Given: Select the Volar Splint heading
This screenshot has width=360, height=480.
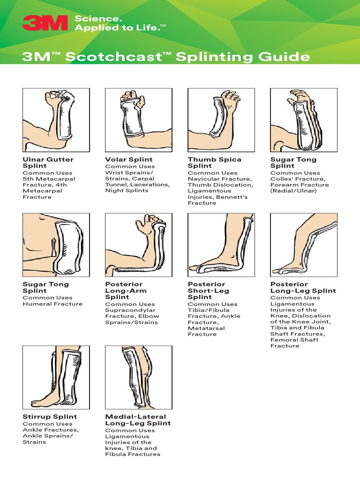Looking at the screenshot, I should [129, 159].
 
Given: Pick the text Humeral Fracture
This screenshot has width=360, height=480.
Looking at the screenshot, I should [52, 304].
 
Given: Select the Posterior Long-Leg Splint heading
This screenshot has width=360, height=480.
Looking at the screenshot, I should [303, 287].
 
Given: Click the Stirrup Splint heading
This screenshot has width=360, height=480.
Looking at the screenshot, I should [50, 417].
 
